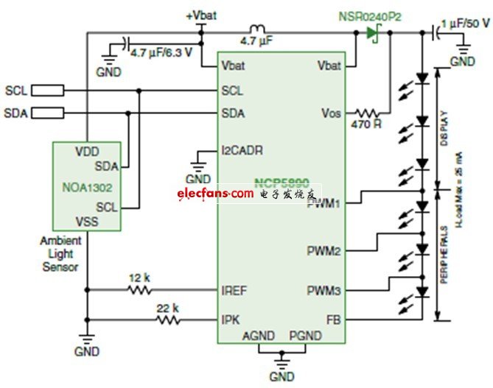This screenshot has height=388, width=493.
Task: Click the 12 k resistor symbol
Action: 141,289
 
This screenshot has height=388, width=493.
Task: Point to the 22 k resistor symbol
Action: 167,320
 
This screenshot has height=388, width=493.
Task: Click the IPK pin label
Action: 231,320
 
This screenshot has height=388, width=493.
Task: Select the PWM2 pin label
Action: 324,252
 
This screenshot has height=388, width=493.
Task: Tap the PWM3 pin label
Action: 324,292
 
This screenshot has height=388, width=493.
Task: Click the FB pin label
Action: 332,320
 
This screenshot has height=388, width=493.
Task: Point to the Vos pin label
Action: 330,113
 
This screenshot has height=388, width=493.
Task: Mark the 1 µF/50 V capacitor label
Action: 464,24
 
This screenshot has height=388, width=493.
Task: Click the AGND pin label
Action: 258,336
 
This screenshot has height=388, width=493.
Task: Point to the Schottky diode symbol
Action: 373,32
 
